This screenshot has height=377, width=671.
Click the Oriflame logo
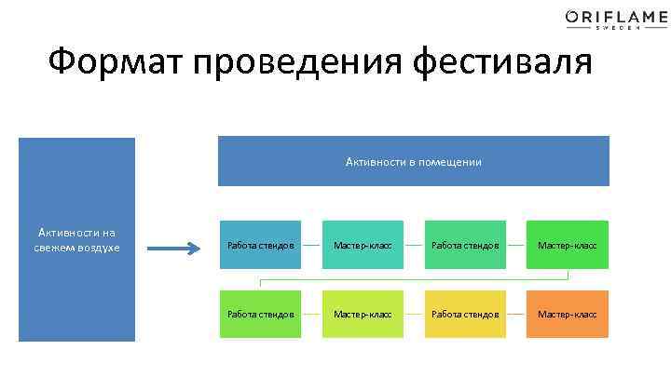[x=603, y=16]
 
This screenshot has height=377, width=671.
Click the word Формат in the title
[x=116, y=63]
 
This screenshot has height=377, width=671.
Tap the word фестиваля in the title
[x=504, y=63]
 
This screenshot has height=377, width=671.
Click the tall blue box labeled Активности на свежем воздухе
[x=78, y=239]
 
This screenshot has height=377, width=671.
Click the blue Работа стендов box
[x=260, y=245]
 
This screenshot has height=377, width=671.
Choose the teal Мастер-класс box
[x=363, y=245]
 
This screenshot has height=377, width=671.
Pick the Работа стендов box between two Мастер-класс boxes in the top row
[x=464, y=245]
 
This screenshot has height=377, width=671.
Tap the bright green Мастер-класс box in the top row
[x=567, y=245]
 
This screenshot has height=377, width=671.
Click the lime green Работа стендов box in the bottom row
[x=260, y=314]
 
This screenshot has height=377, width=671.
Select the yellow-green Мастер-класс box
[x=363, y=314]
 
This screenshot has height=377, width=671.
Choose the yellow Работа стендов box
[x=464, y=314]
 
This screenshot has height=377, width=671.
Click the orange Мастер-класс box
[x=567, y=314]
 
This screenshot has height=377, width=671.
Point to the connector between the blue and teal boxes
[x=311, y=245]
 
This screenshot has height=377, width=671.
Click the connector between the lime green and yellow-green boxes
[x=311, y=314]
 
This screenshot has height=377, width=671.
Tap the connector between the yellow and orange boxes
[x=515, y=314]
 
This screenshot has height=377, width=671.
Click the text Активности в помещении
[x=413, y=162]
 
